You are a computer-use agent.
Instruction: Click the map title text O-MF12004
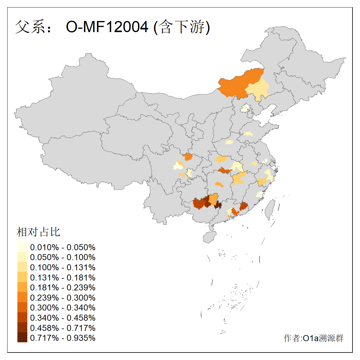(x=107, y=27)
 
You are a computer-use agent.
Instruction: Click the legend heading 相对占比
(x=38, y=232)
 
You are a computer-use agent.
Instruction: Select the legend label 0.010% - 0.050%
(x=63, y=247)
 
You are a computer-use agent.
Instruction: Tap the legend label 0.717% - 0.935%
(x=63, y=338)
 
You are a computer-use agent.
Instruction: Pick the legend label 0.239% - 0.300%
(x=63, y=298)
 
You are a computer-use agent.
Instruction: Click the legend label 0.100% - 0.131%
(x=63, y=267)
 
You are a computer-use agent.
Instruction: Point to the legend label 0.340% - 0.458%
(x=63, y=318)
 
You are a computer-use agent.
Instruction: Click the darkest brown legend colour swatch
(x=22, y=338)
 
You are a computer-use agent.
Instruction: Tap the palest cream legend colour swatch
(x=22, y=247)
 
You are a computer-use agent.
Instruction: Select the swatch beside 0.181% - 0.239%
(x=22, y=287)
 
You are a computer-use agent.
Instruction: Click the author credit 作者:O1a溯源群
(x=313, y=338)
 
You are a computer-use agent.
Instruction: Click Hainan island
(x=209, y=237)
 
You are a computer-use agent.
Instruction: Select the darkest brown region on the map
(x=218, y=205)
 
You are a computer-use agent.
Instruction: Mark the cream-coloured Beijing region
(x=246, y=108)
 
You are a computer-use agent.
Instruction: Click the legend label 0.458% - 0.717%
(x=63, y=328)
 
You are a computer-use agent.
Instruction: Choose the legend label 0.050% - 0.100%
(x=63, y=257)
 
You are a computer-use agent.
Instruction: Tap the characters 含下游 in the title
(x=181, y=27)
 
